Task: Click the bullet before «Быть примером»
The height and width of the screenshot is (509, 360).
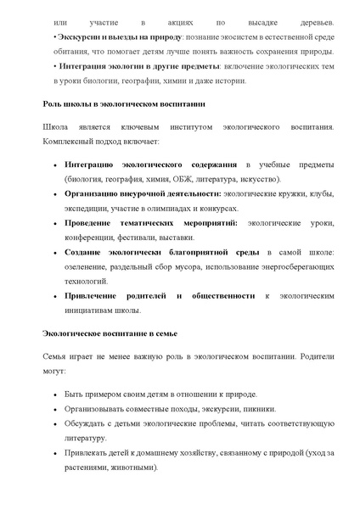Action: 55,396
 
